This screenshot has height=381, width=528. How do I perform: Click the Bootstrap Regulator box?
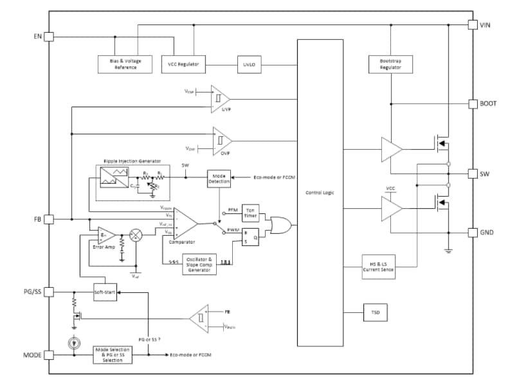point(390,64)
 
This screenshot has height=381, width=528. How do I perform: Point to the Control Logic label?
point(320,192)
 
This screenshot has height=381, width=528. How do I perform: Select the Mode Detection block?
point(219,178)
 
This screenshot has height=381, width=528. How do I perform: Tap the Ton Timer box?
point(250,214)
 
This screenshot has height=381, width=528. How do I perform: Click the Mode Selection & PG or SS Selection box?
point(113,354)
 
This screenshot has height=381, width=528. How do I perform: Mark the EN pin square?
point(49,37)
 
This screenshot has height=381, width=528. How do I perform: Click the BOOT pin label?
point(487,103)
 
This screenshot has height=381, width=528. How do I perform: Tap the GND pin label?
point(486,232)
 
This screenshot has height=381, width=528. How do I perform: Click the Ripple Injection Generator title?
point(132,161)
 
